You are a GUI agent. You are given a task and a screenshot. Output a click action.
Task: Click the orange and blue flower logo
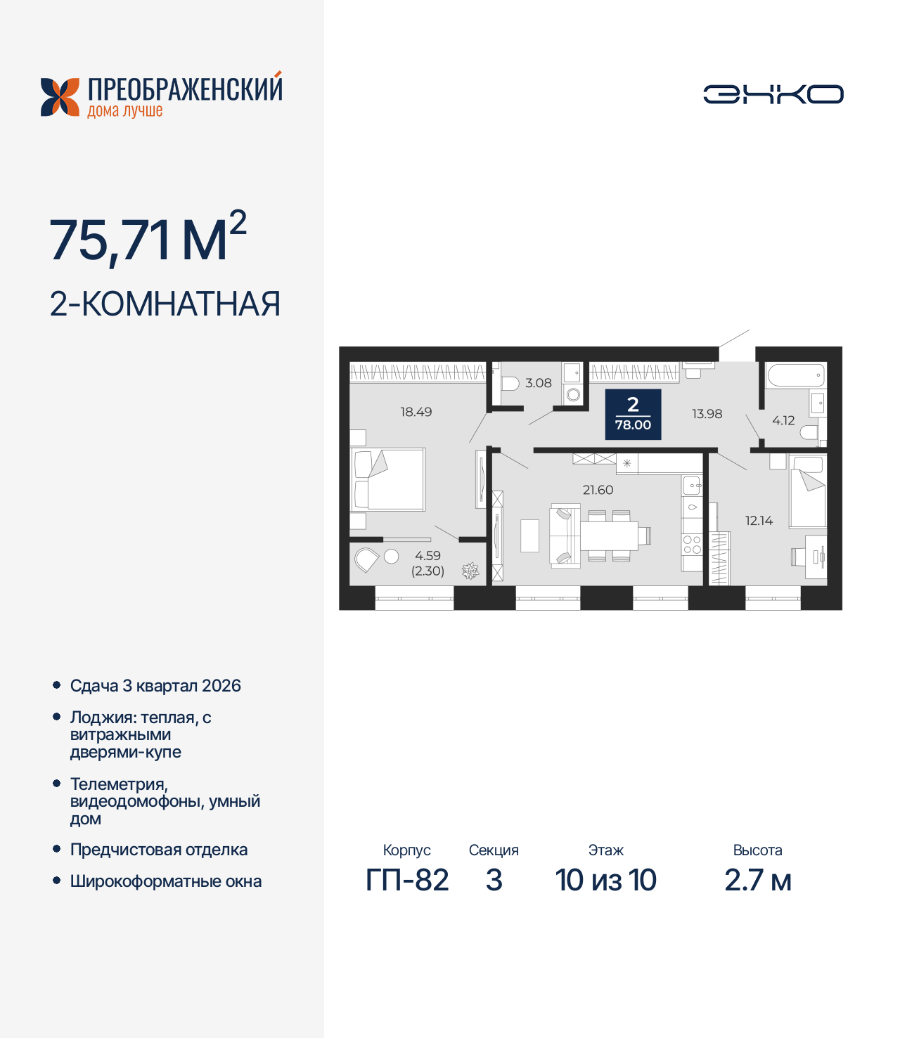60,97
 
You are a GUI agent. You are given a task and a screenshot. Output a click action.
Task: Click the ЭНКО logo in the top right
773,94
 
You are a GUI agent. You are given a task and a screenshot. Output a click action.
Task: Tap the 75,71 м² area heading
148,239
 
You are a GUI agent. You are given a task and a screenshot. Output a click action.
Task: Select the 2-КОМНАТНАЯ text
165,304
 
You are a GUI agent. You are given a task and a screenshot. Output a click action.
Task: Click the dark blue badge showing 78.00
633,414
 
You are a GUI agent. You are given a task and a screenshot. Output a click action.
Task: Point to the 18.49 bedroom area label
416,412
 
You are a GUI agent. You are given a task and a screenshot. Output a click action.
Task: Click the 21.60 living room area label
598,490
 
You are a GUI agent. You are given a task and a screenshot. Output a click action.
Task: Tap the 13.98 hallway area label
707,414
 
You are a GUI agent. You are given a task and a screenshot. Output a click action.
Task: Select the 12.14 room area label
759,521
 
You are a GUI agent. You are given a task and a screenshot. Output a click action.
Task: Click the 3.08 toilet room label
538,383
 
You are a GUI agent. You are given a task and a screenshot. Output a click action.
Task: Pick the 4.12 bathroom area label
783,420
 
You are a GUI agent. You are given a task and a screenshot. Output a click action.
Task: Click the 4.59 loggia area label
427,556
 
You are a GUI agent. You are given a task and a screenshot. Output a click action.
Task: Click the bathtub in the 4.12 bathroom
795,375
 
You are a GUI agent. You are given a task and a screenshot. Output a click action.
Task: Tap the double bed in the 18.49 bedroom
389,479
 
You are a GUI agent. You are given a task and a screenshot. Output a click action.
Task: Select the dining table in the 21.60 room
608,536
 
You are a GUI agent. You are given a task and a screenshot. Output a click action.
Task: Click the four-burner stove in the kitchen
692,545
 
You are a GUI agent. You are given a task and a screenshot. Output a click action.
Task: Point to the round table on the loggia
392,557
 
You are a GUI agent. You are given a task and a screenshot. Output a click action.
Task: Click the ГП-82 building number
406,880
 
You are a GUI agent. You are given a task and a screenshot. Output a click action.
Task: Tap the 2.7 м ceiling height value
757,880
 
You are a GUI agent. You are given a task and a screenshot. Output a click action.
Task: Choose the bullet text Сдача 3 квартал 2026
155,686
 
